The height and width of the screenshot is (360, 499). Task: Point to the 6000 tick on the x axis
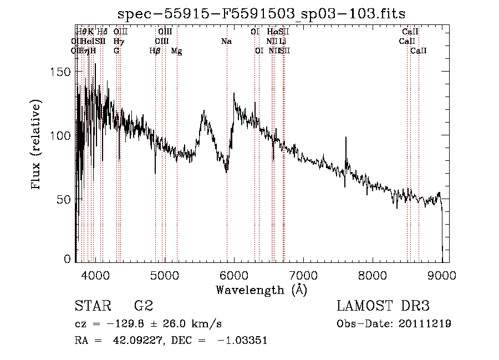[x=234, y=275]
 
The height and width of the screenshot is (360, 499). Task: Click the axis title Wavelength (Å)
[x=261, y=290]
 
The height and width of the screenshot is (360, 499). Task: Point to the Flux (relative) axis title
[x=37, y=146]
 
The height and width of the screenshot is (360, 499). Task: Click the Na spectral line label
[x=226, y=41]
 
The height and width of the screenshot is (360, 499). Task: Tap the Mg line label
[x=176, y=51]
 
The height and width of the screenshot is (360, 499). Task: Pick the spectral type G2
[x=144, y=306]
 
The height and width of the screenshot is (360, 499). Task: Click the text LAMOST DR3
[x=383, y=306]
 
